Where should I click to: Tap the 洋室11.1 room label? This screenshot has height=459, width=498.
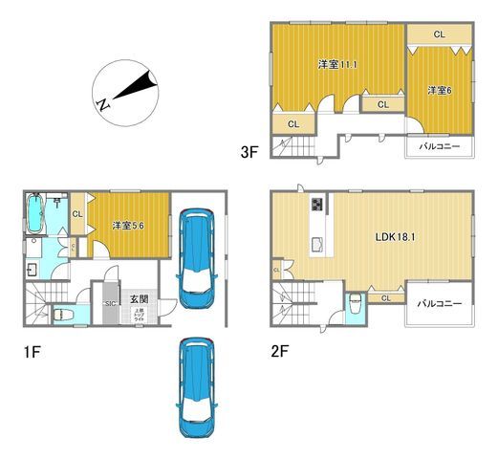[x=337, y=64]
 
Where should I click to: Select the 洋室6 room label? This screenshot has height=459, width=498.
[x=439, y=90]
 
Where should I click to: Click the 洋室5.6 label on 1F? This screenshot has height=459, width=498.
[x=128, y=225]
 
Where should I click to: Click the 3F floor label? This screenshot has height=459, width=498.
[x=249, y=150]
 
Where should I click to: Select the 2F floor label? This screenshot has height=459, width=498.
[x=278, y=350]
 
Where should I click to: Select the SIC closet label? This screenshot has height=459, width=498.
[x=111, y=302]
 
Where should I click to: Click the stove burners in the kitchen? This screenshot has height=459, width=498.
[x=316, y=206]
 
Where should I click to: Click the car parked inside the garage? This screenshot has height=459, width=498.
[x=197, y=258]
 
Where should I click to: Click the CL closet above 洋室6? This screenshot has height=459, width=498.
[x=439, y=34]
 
